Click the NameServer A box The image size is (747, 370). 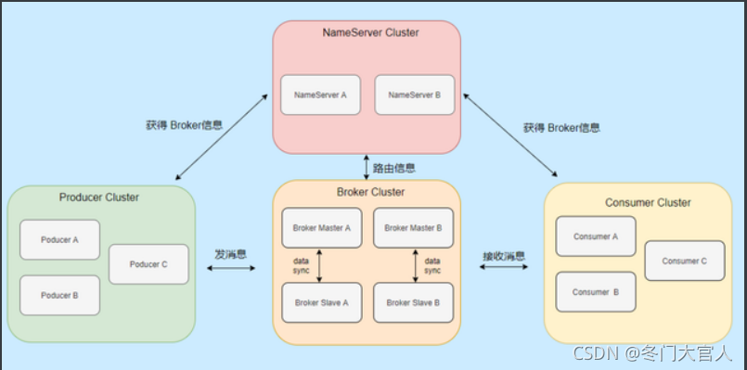tap(320, 95)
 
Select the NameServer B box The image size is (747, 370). tap(414, 95)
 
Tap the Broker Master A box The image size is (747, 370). tap(321, 227)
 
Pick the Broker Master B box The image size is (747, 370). tap(414, 227)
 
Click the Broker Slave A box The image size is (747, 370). tap(321, 302)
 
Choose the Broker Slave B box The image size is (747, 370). tap(414, 302)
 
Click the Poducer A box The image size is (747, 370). tap(59, 239)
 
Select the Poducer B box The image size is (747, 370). tap(59, 295)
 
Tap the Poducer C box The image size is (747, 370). tap(148, 264)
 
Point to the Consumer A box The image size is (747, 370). tap(596, 236)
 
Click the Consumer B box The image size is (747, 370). tap(596, 292)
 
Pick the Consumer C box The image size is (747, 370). tap(685, 261)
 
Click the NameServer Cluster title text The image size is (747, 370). tap(370, 32)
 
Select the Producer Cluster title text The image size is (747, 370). tap(99, 197)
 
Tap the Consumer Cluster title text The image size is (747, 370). tap(648, 202)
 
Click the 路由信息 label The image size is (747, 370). tap(394, 169)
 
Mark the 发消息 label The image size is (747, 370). tap(231, 252)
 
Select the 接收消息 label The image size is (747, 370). tap(504, 255)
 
